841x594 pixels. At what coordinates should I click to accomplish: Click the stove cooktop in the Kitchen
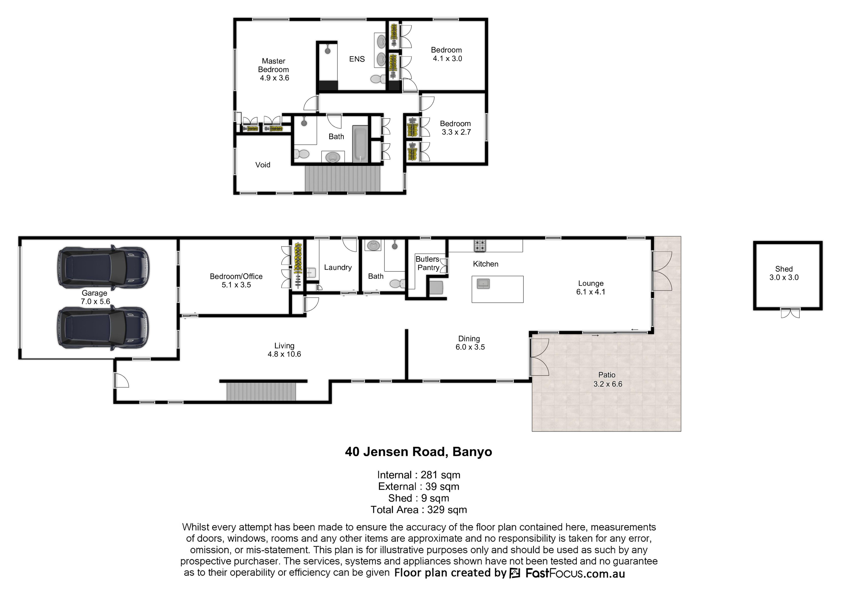pos(480,245)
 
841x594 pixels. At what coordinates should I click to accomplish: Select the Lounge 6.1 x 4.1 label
pos(591,288)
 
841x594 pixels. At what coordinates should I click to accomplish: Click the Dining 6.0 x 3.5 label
pos(470,343)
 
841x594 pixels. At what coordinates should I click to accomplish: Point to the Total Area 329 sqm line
pos(419,510)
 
